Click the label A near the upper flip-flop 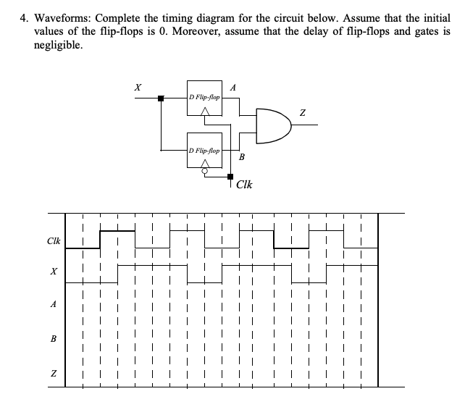[232, 87]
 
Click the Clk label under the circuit [245, 184]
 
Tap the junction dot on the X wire [162, 98]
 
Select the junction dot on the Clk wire [231, 176]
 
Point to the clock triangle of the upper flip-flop [205, 110]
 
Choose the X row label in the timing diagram [53, 272]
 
